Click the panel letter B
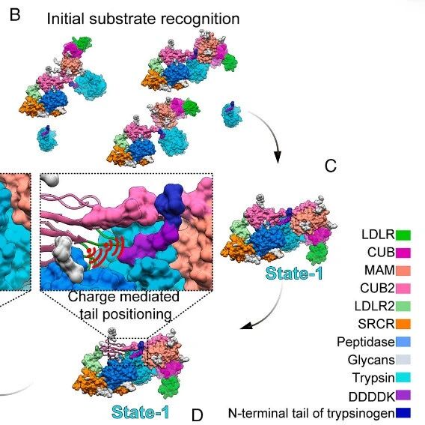15,15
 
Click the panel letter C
331,166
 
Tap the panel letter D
197,415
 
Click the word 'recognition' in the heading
200,19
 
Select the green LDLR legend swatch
403,235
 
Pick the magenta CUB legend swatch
403,253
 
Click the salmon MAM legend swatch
403,271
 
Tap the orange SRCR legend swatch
403,324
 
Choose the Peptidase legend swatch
403,342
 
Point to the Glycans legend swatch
403,360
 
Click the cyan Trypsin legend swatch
403,378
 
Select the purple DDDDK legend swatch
403,395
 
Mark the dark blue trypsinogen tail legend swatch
403,413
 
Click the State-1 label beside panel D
141,412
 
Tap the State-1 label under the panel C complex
294,273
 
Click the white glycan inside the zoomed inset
69,259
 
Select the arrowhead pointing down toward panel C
278,157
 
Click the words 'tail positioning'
126,315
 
